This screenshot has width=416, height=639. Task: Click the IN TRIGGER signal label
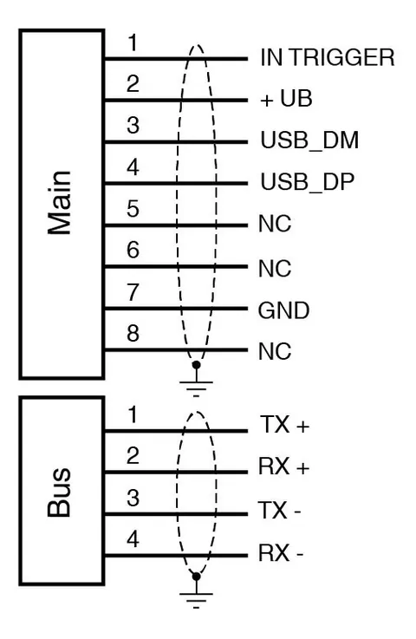(x=328, y=57)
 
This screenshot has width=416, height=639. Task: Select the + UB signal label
(x=286, y=99)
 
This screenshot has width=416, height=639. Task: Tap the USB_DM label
(x=309, y=140)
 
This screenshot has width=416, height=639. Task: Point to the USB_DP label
(x=307, y=182)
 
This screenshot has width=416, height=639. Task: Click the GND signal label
(x=283, y=310)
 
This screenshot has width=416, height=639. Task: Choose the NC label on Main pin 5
(x=275, y=224)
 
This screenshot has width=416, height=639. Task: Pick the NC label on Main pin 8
(x=275, y=351)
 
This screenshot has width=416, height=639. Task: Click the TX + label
(x=284, y=425)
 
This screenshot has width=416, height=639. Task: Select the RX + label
(x=284, y=466)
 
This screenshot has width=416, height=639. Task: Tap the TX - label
(x=279, y=510)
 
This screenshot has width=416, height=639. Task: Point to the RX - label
(x=281, y=553)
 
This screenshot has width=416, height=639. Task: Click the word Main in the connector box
(x=60, y=203)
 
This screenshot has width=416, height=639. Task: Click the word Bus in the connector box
(x=60, y=492)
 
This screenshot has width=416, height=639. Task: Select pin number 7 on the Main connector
(x=133, y=292)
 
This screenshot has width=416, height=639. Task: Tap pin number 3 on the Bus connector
(x=133, y=498)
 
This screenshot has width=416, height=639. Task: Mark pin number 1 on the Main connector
(x=133, y=42)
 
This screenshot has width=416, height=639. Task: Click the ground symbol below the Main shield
(x=196, y=384)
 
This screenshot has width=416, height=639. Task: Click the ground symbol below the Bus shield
(x=196, y=596)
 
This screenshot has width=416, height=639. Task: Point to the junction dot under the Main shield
(x=196, y=365)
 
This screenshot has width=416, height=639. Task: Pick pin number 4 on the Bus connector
(x=133, y=539)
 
